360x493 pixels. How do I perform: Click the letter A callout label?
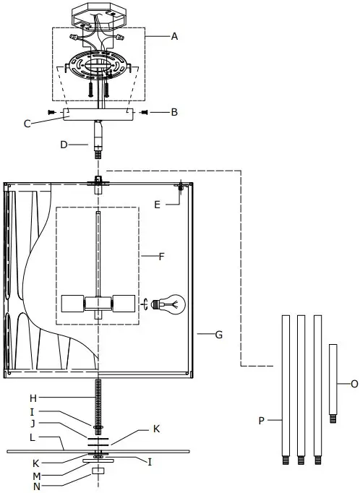(x=175, y=36)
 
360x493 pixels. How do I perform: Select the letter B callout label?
(x=173, y=112)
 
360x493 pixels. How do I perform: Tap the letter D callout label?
(x=63, y=145)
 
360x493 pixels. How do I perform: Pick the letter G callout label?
(x=218, y=335)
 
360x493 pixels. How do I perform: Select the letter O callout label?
(x=353, y=384)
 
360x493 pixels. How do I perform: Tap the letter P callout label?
(x=262, y=419)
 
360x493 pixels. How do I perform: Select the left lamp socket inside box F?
(x=72, y=304)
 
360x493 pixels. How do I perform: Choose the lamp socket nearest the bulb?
(x=124, y=304)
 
